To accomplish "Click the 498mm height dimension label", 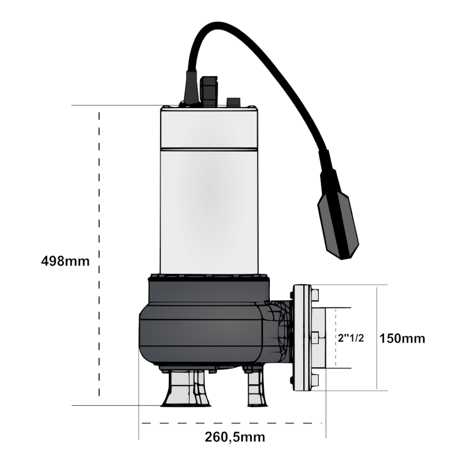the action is (x=65, y=261).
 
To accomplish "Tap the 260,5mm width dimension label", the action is (x=235, y=437).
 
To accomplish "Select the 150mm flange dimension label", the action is (x=402, y=338).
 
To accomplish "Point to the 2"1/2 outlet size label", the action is (x=351, y=338).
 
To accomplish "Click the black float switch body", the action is (x=338, y=214).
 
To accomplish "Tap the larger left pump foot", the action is (x=185, y=389).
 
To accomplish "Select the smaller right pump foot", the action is (x=257, y=389).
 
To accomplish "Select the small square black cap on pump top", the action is (x=233, y=102).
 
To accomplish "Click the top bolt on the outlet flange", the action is (x=315, y=295).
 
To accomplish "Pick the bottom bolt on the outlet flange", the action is (x=315, y=380).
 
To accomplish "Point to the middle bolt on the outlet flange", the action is (x=315, y=338).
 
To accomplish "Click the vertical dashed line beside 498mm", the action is (x=99, y=254).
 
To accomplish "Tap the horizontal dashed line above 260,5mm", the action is (x=232, y=423).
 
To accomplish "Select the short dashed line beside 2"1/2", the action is (x=336, y=337).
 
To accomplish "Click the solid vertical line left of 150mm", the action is (x=377, y=338).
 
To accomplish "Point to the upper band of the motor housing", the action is (x=209, y=128).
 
